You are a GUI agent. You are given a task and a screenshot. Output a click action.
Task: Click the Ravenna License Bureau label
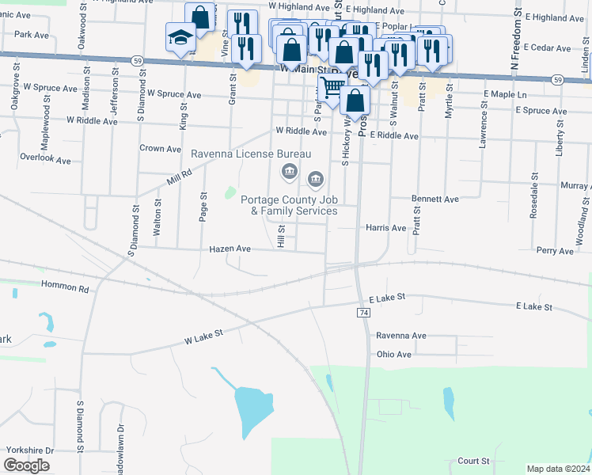click(x=251, y=153)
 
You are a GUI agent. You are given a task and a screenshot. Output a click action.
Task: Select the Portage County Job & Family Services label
click(x=289, y=205)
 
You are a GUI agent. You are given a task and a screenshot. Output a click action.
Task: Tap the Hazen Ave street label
click(x=230, y=249)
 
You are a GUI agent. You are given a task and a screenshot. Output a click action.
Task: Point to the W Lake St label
click(x=204, y=336)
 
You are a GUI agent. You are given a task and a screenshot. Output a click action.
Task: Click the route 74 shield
click(x=364, y=313)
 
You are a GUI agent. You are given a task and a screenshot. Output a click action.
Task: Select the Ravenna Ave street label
click(x=400, y=336)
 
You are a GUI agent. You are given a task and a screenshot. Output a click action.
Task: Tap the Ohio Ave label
click(x=393, y=355)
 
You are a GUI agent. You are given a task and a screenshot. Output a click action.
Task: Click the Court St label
click(x=473, y=461)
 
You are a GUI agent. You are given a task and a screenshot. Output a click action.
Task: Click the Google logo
click(x=26, y=465)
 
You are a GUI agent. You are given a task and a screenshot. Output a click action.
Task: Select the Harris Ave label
click(x=385, y=228)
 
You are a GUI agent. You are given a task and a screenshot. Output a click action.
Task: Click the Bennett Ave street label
click(x=435, y=199)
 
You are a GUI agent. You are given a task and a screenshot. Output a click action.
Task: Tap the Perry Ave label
click(x=555, y=250)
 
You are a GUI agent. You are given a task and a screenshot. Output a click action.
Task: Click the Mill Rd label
click(x=180, y=177)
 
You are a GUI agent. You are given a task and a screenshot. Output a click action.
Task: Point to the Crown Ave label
click(x=161, y=149)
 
